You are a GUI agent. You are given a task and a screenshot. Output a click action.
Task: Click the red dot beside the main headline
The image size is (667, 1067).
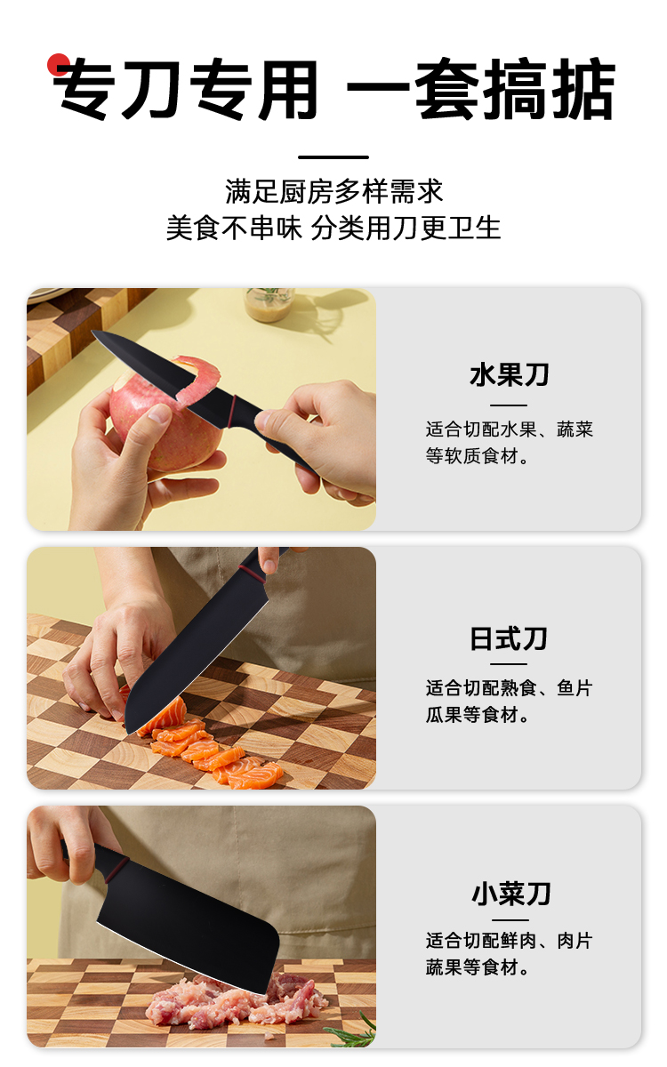point(58,64)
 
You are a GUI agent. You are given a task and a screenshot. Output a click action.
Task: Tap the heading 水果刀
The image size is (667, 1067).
point(509,375)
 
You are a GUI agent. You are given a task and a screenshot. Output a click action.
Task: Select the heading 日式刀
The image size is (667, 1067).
point(509,638)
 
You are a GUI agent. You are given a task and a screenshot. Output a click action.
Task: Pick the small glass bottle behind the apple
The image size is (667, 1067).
point(270,303)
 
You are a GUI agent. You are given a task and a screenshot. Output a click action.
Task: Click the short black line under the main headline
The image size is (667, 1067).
point(333,157)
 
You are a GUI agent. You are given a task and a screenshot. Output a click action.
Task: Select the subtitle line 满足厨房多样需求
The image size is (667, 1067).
point(334,191)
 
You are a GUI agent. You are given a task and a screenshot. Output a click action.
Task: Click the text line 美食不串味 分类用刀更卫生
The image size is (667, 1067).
point(333,228)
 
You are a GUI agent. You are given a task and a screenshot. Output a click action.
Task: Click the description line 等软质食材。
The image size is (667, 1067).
point(477,456)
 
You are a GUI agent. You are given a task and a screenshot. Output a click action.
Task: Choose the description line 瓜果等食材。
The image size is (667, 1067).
point(477,715)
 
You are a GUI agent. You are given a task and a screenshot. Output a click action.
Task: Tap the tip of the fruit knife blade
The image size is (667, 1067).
point(92,332)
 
